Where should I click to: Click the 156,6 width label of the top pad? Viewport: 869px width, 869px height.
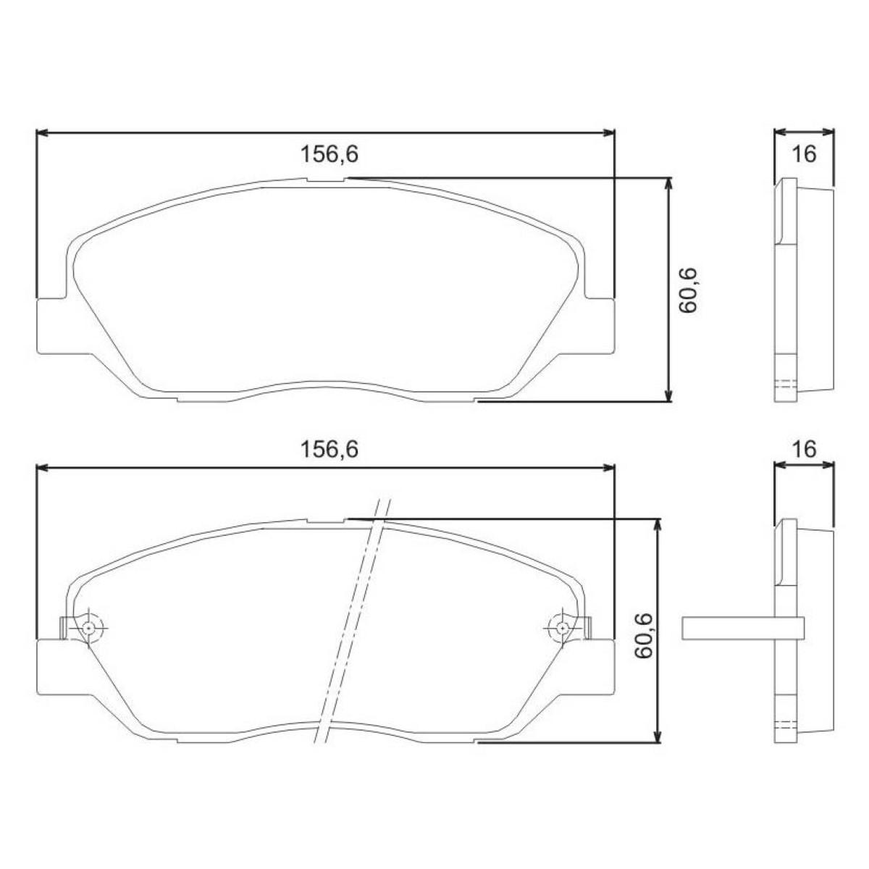point(329,154)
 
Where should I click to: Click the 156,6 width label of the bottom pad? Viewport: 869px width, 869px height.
point(329,449)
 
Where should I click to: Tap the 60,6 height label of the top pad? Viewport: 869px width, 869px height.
point(687,290)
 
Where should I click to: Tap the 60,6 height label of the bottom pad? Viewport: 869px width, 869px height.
point(645,636)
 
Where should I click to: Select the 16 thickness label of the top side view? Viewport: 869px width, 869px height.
point(804,154)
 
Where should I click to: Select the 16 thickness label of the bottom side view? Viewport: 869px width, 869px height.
point(804,449)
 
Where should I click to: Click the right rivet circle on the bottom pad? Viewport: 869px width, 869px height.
point(561,628)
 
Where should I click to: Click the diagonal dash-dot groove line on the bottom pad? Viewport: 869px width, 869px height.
point(351,623)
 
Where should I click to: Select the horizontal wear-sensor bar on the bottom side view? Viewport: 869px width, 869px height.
point(742,628)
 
